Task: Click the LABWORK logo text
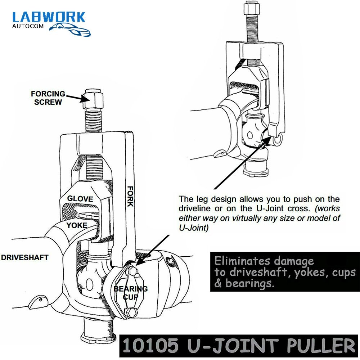[x=49, y=18]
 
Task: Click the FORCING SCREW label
[x=48, y=98]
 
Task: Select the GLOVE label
[x=80, y=199]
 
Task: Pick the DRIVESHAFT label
[x=24, y=258]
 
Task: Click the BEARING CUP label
[x=131, y=293]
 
